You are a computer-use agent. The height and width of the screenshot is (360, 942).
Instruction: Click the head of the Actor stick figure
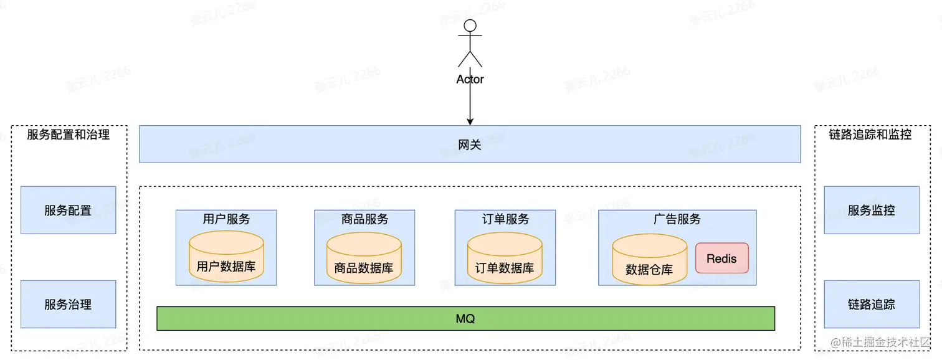pos(470,26)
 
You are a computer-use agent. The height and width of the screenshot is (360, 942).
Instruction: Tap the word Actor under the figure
pos(470,79)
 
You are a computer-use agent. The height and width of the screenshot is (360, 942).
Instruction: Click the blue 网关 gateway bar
pos(470,144)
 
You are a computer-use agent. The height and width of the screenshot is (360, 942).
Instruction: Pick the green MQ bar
pos(465,318)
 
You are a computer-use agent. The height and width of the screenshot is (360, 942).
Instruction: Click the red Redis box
pos(722,258)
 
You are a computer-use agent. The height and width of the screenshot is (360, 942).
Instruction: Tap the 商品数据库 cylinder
pos(364,262)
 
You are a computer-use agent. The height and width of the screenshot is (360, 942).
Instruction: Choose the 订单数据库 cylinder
pos(505,262)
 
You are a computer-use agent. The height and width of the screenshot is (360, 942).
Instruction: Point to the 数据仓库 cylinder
pos(649,263)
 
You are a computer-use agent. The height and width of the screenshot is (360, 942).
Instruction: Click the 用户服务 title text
pos(226,219)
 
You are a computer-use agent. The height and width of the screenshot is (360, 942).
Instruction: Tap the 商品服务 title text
pos(364,219)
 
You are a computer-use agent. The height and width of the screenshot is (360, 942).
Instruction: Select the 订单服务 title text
pos(505,219)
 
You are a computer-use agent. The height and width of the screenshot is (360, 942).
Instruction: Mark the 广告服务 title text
pos(677,219)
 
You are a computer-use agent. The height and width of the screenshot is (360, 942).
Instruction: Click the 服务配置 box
pos(69,211)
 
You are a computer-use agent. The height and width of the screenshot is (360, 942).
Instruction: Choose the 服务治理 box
pos(69,305)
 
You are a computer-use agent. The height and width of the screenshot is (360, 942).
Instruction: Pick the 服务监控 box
pos(872,211)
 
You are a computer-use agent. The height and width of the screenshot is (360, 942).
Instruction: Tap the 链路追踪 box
pos(872,305)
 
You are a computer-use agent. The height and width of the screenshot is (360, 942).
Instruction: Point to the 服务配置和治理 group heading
pos(69,135)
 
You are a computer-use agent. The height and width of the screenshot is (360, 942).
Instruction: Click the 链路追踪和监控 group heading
pos(870,135)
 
